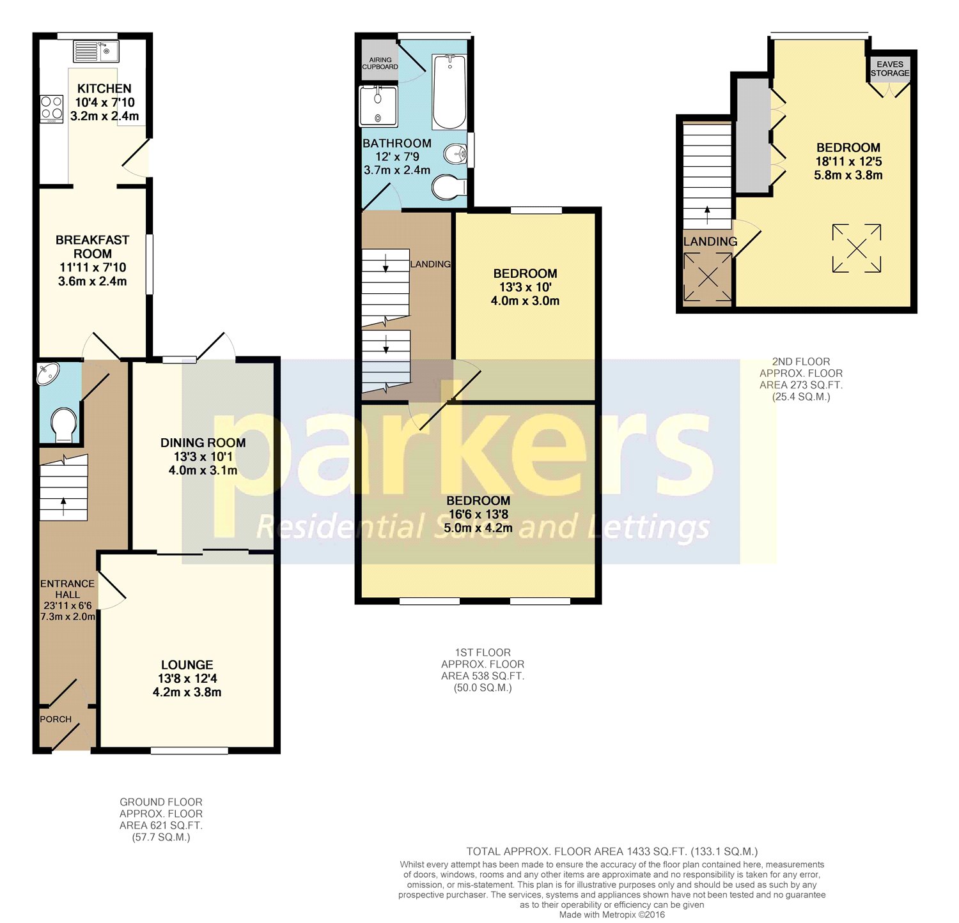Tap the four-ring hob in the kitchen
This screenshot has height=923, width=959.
[52, 109]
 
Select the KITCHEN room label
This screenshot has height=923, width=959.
[104, 89]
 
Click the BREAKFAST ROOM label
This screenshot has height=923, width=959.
[93, 247]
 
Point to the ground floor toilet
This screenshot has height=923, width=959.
[63, 425]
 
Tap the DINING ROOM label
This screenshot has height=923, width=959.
[203, 443]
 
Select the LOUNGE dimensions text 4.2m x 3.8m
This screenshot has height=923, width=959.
[187, 692]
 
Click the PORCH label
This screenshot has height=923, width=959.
[56, 719]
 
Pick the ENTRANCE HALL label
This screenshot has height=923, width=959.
[67, 589]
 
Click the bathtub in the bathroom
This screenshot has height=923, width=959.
[449, 92]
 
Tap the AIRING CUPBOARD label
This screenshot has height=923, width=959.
[380, 63]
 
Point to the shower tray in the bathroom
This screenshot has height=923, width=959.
[378, 106]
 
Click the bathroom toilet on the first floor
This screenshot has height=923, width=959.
[449, 187]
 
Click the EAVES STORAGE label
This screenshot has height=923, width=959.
[890, 68]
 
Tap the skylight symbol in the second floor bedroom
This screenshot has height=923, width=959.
[857, 248]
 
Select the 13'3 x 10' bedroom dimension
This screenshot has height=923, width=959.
[525, 287]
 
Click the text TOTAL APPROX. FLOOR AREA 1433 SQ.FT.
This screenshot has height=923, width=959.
[577, 851]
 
